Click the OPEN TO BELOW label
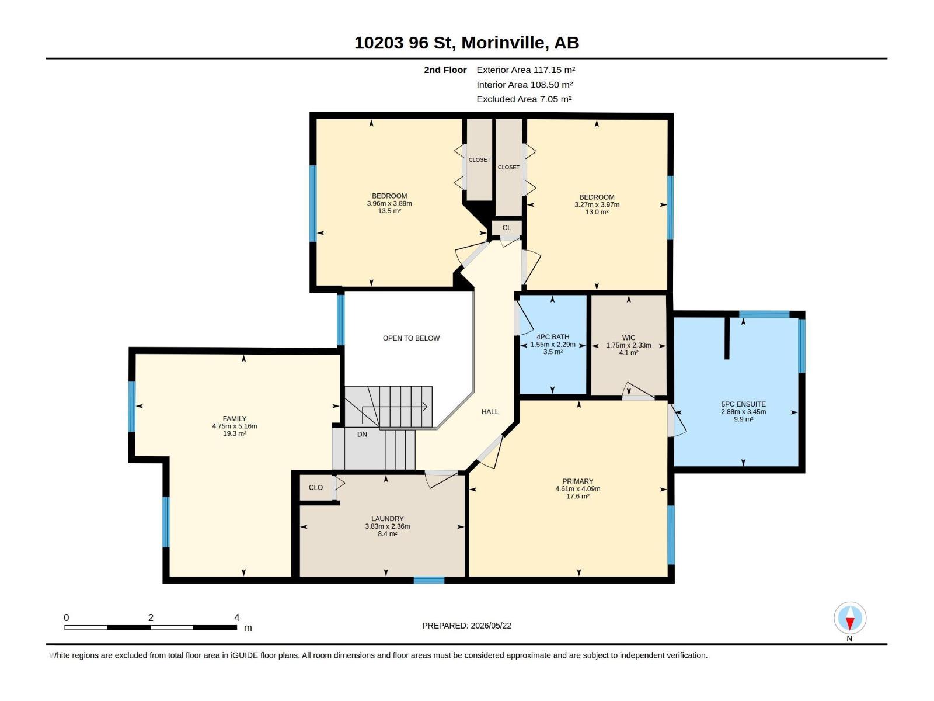pyautogui.click(x=411, y=338)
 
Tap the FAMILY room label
pyautogui.click(x=235, y=419)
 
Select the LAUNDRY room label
pyautogui.click(x=387, y=519)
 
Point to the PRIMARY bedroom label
pyautogui.click(x=577, y=481)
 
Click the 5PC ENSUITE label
pyautogui.click(x=743, y=404)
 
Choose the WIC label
pyautogui.click(x=629, y=338)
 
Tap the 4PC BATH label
pyautogui.click(x=553, y=337)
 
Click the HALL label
pyautogui.click(x=490, y=412)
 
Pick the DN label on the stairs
pyautogui.click(x=362, y=435)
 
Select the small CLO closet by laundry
pyautogui.click(x=316, y=488)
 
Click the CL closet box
pyautogui.click(x=507, y=228)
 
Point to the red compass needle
pyautogui.click(x=850, y=623)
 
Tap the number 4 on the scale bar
pyautogui.click(x=236, y=617)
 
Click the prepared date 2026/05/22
pyautogui.click(x=491, y=626)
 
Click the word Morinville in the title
pyautogui.click(x=503, y=43)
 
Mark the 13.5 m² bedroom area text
pyautogui.click(x=389, y=211)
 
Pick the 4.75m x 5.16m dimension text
pyautogui.click(x=235, y=426)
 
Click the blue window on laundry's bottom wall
pyautogui.click(x=429, y=579)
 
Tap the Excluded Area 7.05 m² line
pyautogui.click(x=524, y=99)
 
